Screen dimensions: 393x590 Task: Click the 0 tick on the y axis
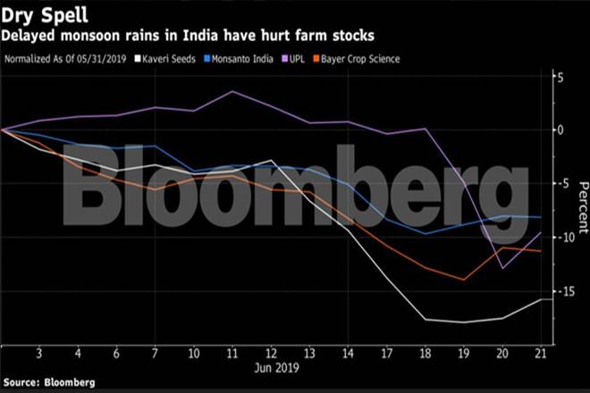point(560,130)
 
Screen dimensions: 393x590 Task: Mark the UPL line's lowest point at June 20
point(501,267)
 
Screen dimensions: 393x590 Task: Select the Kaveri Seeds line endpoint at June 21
point(540,299)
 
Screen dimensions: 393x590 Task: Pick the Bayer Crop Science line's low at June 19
point(463,280)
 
